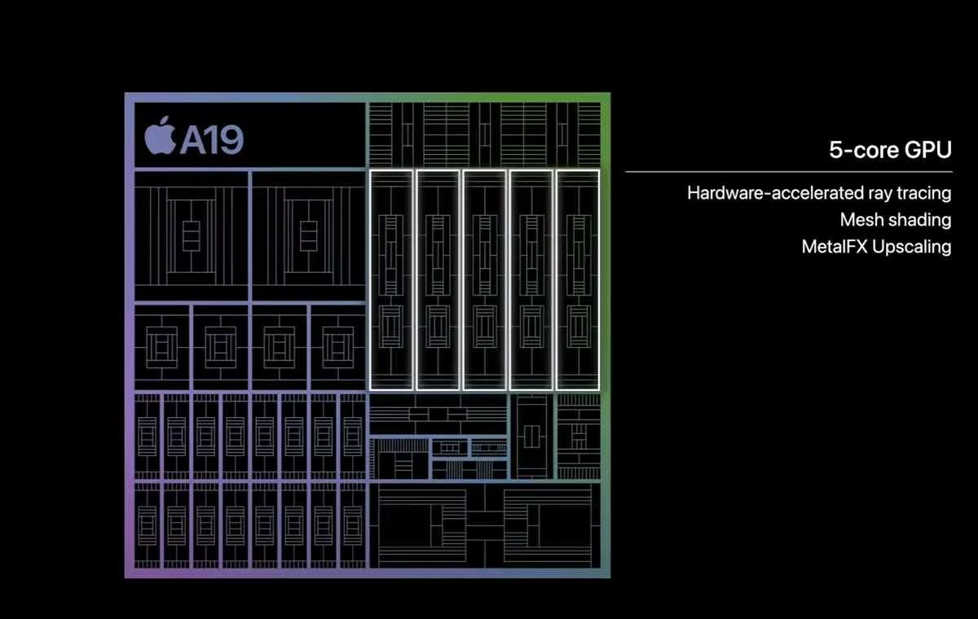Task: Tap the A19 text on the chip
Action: pyautogui.click(x=212, y=139)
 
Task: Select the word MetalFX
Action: pyautogui.click(x=834, y=247)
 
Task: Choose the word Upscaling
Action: pyautogui.click(x=911, y=247)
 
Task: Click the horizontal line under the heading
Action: pyautogui.click(x=788, y=172)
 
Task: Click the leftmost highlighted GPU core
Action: pyautogui.click(x=391, y=279)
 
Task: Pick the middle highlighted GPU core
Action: pyautogui.click(x=484, y=279)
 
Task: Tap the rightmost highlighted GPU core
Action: pyautogui.click(x=577, y=279)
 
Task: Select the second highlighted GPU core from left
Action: pyautogui.click(x=438, y=279)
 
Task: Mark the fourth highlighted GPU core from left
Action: pyautogui.click(x=531, y=279)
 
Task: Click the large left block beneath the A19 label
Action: pyautogui.click(x=191, y=235)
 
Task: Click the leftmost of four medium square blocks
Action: pyautogui.click(x=161, y=346)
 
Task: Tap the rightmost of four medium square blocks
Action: pyautogui.click(x=337, y=346)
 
